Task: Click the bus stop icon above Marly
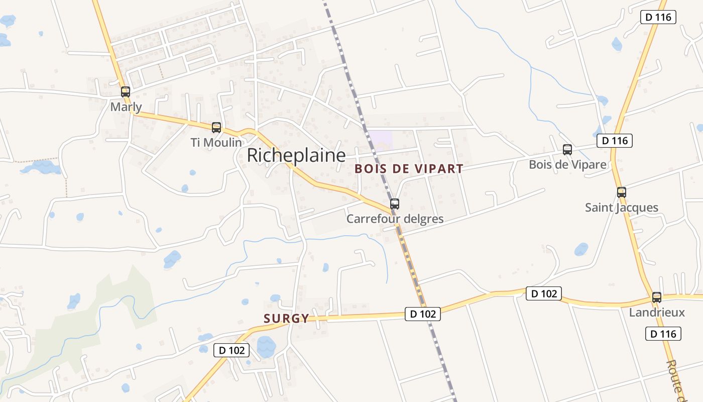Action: click(x=126, y=92)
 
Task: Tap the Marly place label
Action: click(x=126, y=107)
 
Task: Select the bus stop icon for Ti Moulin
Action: click(x=216, y=128)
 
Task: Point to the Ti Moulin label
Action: click(x=216, y=143)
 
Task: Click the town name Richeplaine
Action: click(x=296, y=155)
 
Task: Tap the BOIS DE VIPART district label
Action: click(x=409, y=169)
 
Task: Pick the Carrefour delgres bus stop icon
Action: click(x=395, y=204)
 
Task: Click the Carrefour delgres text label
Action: click(x=395, y=219)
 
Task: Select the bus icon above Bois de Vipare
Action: click(x=567, y=150)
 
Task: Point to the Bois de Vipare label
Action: click(x=567, y=165)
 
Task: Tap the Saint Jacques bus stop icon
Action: click(x=622, y=192)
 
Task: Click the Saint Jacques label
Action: click(x=622, y=208)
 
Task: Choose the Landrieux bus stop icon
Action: click(x=657, y=297)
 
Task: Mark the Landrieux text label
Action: click(x=657, y=313)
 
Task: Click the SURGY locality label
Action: click(x=286, y=318)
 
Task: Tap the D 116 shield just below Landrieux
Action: click(x=663, y=334)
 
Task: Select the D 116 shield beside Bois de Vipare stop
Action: click(x=615, y=141)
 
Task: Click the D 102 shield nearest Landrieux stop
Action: click(x=543, y=293)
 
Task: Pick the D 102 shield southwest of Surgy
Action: click(x=231, y=350)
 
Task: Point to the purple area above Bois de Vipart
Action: click(x=381, y=139)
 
